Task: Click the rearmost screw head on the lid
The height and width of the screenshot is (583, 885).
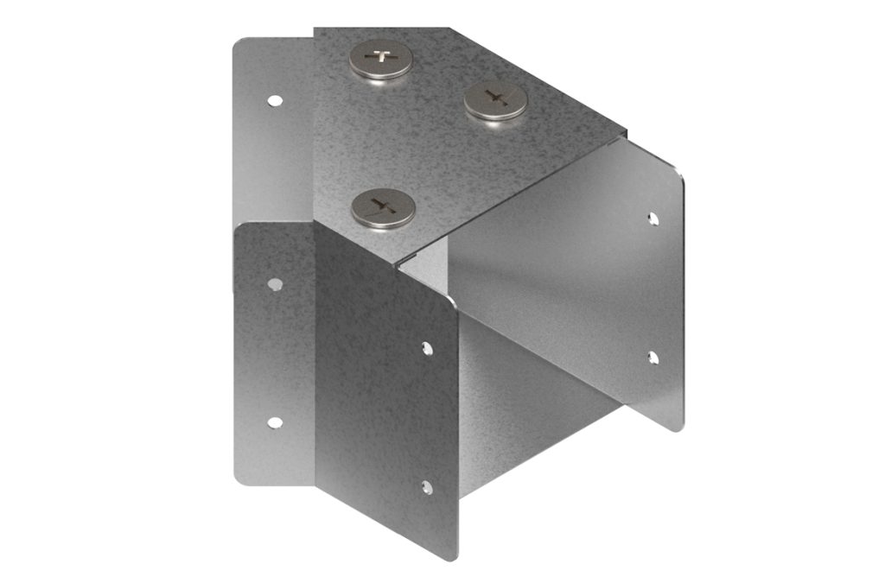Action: pos(380,60)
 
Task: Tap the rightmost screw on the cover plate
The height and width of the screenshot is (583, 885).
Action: pos(495,100)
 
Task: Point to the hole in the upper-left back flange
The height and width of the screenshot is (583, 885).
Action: pos(274,100)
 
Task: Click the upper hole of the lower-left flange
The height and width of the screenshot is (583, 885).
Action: pos(275,283)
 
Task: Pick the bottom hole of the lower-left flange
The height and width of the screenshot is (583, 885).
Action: pos(275,422)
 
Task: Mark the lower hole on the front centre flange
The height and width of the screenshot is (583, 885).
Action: pos(427,487)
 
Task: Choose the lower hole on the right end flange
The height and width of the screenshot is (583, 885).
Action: pos(653,357)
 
